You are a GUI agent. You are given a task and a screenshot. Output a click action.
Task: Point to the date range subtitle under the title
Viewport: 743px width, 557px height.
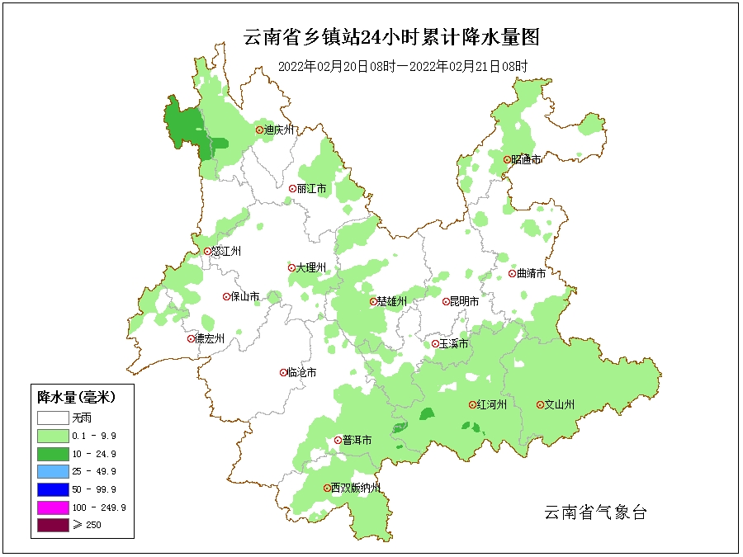(402, 66)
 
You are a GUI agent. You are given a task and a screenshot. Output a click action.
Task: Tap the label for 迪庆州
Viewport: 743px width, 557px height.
(280, 130)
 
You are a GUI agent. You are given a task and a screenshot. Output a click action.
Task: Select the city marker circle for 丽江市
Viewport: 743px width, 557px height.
(292, 188)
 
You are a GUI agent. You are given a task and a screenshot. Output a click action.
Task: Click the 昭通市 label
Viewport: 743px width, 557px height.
(526, 159)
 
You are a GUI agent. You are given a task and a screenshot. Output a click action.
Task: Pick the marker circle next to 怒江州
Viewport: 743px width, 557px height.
(207, 252)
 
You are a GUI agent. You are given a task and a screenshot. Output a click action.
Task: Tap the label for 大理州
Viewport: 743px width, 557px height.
(312, 268)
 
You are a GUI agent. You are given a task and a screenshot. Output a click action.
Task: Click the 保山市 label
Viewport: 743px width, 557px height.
(245, 296)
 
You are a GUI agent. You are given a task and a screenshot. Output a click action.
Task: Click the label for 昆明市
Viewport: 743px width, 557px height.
(464, 302)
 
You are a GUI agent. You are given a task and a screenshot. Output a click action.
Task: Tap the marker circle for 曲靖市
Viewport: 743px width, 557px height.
(512, 274)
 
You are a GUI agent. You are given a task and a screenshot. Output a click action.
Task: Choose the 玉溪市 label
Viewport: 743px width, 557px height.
(454, 343)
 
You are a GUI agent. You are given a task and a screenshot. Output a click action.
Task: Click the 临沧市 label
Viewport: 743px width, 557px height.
(301, 373)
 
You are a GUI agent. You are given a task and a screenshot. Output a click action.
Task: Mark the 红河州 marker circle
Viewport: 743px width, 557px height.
(472, 405)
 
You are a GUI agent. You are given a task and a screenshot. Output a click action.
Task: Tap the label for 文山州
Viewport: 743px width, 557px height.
(559, 405)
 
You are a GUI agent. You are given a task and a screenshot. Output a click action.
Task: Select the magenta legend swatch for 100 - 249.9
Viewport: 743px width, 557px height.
(52, 507)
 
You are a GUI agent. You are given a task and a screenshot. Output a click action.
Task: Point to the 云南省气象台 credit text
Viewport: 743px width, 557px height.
(595, 512)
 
